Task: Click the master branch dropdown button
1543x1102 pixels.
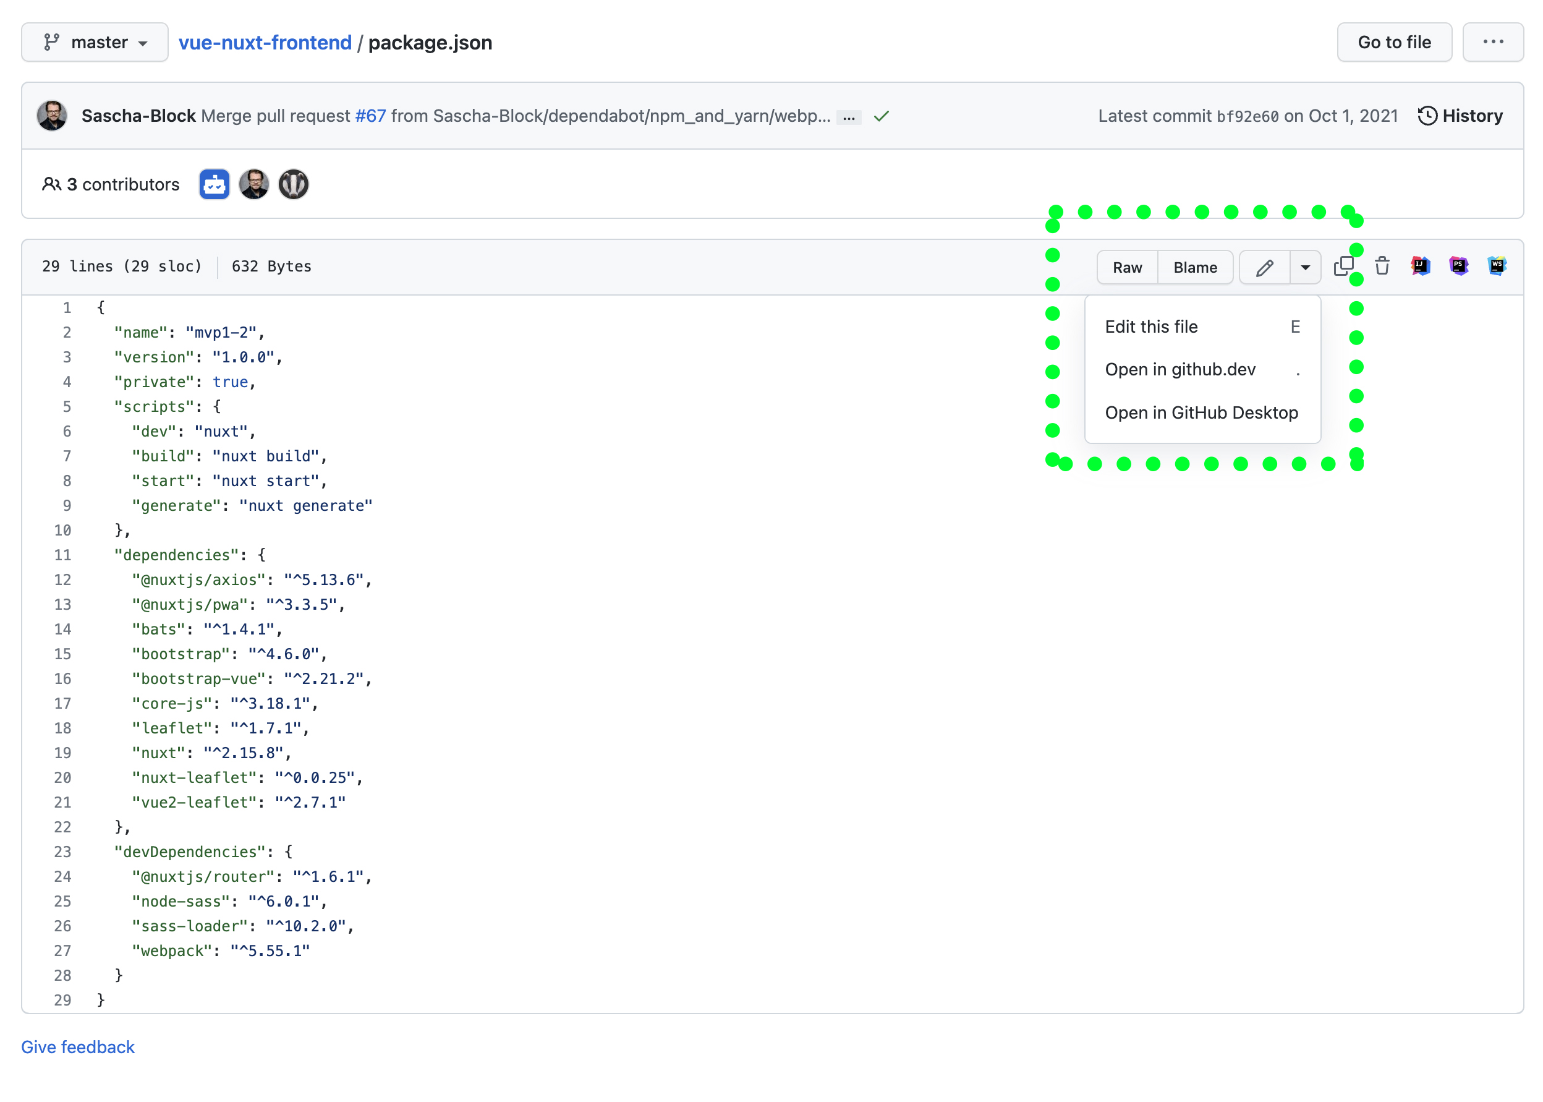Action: [95, 42]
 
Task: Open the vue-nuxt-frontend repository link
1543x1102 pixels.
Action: [265, 42]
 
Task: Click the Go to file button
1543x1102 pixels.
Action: [1393, 42]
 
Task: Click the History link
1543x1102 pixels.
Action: [1460, 116]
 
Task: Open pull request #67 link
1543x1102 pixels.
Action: [370, 116]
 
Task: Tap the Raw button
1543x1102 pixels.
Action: [1126, 267]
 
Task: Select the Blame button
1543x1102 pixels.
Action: [1194, 267]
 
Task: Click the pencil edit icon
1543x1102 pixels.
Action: [1264, 267]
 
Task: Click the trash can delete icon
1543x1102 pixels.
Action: [1382, 266]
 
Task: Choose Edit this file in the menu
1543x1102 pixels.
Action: [1151, 327]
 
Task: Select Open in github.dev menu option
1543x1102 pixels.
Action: [1180, 369]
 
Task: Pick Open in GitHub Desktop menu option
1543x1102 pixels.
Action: [1201, 412]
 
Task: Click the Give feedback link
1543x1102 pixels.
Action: [78, 1046]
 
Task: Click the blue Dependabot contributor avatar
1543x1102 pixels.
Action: [215, 184]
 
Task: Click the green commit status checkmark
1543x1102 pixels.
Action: [881, 117]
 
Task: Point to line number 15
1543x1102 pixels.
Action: [62, 654]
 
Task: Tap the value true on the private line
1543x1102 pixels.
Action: [230, 382]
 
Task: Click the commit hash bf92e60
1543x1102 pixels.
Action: [1247, 117]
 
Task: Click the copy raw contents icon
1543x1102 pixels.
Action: [1343, 266]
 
